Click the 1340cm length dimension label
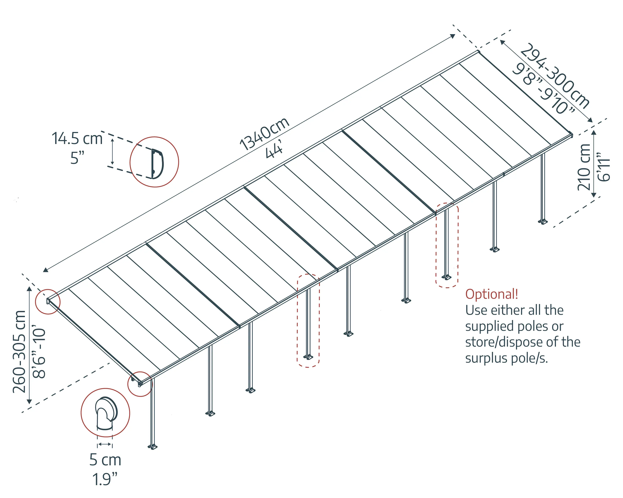(264, 134)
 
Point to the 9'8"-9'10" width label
(542, 89)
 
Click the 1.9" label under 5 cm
(105, 479)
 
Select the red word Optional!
(491, 294)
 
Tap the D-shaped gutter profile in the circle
(157, 164)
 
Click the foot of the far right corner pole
(543, 222)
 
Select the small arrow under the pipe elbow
(105, 444)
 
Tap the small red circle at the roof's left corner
(48, 302)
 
